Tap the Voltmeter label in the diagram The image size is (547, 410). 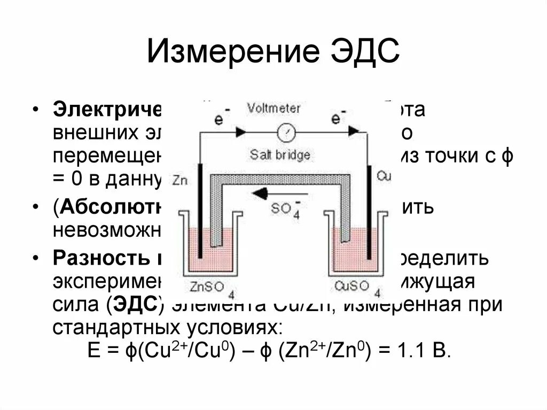click(x=273, y=108)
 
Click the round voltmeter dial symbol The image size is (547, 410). click(x=286, y=131)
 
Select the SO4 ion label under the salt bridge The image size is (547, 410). click(x=284, y=208)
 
